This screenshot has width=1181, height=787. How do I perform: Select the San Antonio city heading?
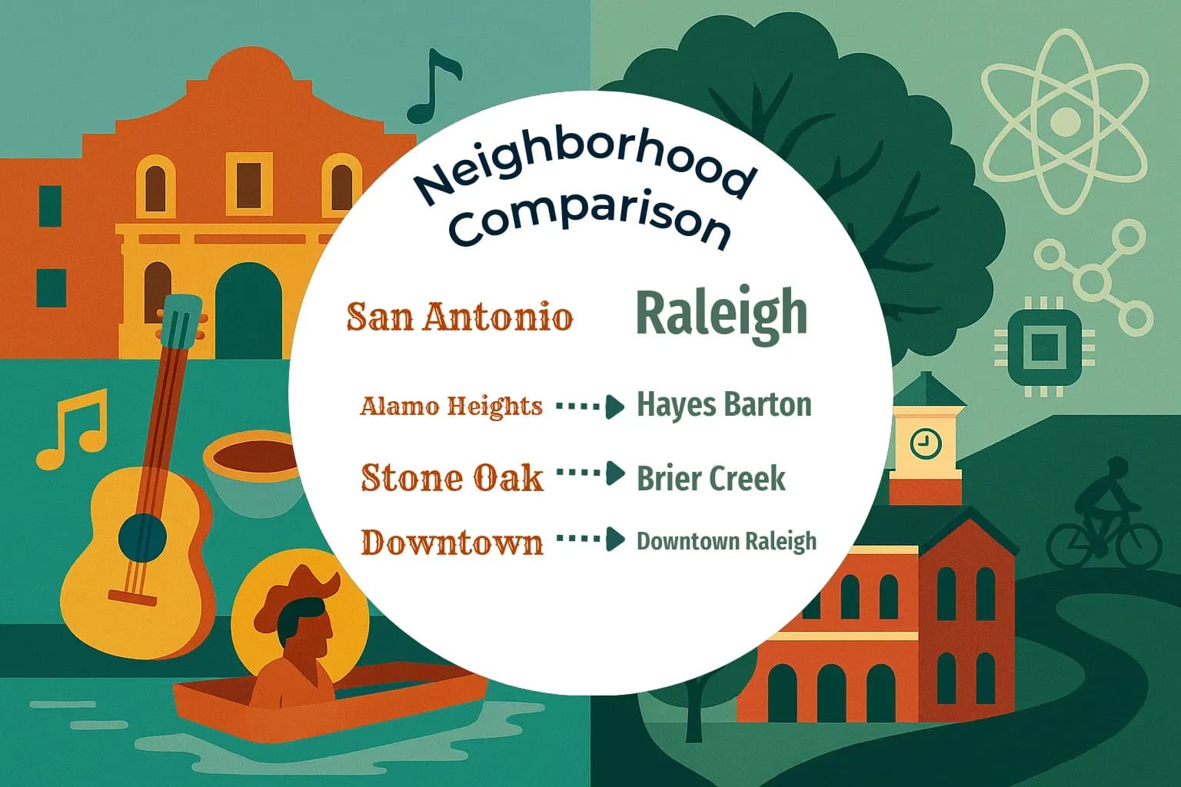(x=460, y=317)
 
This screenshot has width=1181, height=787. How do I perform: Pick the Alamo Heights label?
(x=451, y=406)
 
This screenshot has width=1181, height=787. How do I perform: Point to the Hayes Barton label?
(x=724, y=404)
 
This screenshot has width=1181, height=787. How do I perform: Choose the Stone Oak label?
(x=452, y=477)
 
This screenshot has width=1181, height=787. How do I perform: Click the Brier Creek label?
(x=711, y=478)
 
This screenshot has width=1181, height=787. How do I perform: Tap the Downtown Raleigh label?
(x=726, y=541)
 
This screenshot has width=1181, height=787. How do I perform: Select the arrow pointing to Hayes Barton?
(x=590, y=407)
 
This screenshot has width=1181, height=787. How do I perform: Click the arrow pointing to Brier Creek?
(x=590, y=474)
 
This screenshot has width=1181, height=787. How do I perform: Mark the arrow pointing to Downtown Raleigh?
(x=590, y=540)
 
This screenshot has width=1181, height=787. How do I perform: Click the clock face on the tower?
(x=925, y=443)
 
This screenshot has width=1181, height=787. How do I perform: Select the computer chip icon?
(x=1043, y=346)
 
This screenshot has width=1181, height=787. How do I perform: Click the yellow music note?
(x=72, y=429)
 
